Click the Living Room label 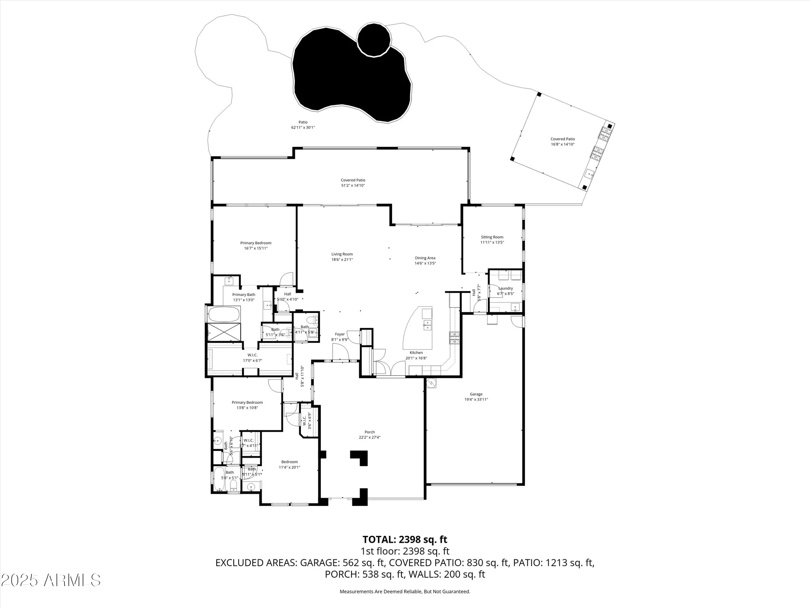point(342,254)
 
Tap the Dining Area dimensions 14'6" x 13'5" point(425,263)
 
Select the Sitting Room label point(492,237)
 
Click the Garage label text point(476,394)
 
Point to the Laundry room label point(505,289)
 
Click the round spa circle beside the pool point(374,39)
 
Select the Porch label point(369,432)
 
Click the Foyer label point(339,334)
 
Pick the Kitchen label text point(416,353)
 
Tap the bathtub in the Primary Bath point(224,314)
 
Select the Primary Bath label point(243,295)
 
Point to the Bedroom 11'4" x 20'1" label point(289,465)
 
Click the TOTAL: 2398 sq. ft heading point(405,539)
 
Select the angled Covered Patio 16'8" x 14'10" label point(563,141)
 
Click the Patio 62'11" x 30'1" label point(303,125)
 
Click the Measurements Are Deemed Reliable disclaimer point(405,592)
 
